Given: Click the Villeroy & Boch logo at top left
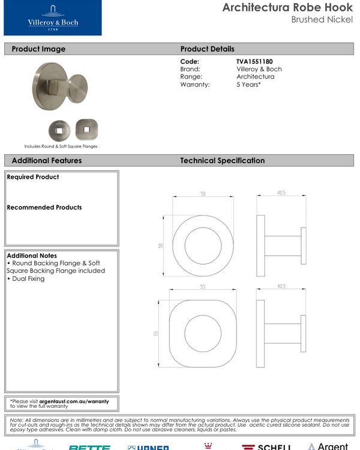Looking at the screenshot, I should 52,18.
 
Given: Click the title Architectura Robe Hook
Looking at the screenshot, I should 287,8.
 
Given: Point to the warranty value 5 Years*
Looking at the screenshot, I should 249,85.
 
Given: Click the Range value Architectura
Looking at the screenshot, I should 255,77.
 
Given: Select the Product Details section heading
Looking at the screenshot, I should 207,49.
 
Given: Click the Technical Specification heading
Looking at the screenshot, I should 222,160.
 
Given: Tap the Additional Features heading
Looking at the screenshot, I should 47,160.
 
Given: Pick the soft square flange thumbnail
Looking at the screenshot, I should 86,128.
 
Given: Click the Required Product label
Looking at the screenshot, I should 33,177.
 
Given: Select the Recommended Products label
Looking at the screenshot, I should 44,208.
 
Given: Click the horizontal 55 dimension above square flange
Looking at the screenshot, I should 203,287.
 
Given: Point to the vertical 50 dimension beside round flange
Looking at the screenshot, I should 161,246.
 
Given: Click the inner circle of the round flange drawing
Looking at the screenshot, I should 203,245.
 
